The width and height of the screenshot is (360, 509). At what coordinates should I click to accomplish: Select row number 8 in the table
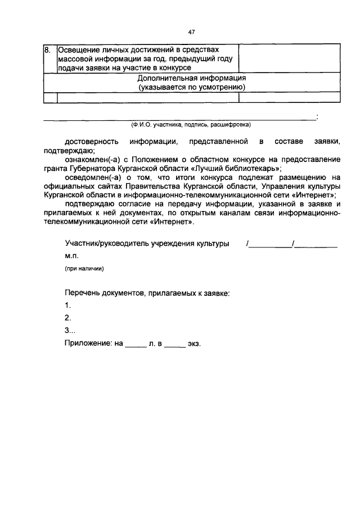point(48,50)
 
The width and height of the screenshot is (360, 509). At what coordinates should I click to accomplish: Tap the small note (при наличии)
point(83,268)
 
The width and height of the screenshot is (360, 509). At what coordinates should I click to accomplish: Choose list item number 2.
point(67,318)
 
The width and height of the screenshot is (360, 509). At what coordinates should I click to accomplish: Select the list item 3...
point(70,330)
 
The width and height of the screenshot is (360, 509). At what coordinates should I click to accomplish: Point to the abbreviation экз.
point(194,343)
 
